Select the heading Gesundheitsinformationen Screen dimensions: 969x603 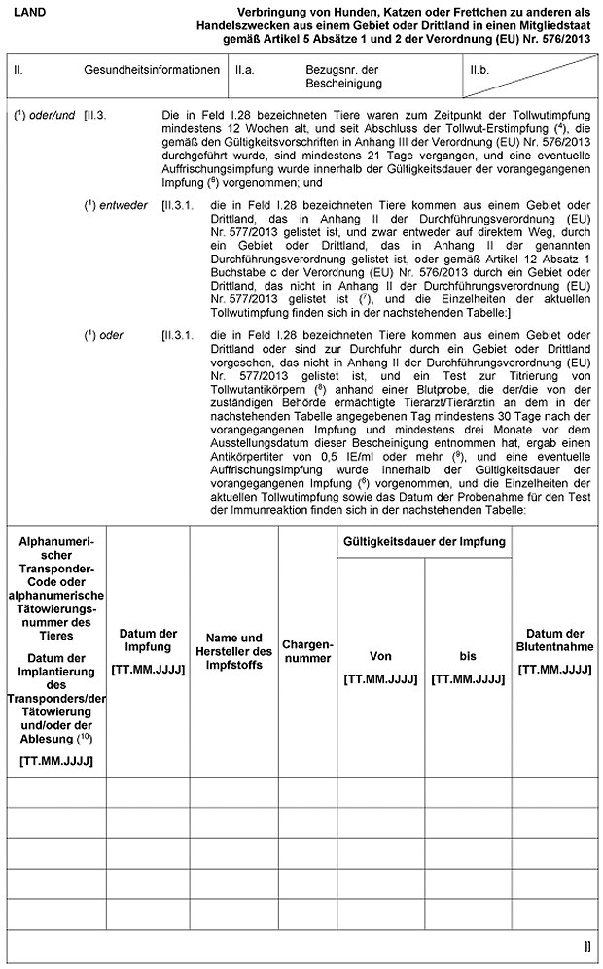pos(151,71)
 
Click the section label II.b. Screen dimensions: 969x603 pos(479,71)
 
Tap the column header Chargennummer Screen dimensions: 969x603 pos(306,651)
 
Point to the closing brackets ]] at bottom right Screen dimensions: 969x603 pos(586,944)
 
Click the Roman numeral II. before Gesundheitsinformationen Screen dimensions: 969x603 pos(18,71)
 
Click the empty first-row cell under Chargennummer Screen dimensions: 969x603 pos(306,793)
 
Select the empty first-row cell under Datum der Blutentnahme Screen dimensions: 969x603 pos(555,793)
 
